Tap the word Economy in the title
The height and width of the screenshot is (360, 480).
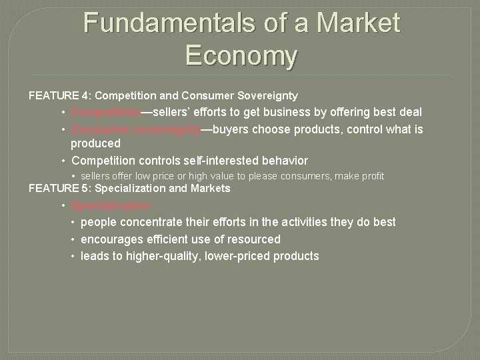tap(241, 55)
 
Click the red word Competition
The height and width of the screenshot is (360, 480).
tap(106, 112)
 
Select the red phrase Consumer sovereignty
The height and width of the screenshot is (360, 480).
tap(136, 129)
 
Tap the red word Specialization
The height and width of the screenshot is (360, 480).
tap(111, 205)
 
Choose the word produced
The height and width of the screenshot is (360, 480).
tap(95, 143)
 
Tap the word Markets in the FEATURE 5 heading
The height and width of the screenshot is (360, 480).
tap(211, 188)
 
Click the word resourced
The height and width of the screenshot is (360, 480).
tap(254, 239)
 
